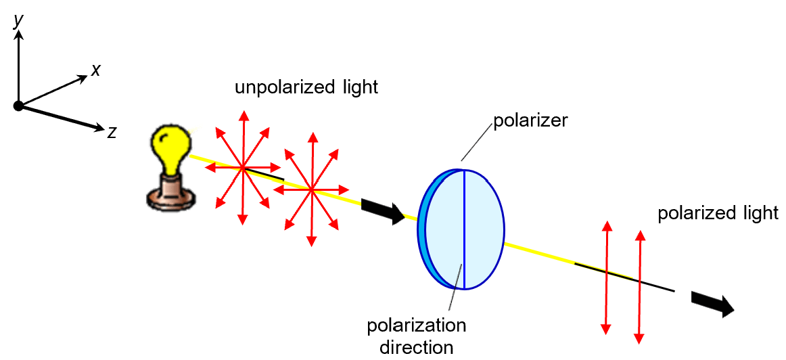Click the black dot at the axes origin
[x=18, y=106]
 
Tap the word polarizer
[x=530, y=121]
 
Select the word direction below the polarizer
[x=416, y=348]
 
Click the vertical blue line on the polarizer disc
[x=464, y=230]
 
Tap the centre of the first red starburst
[x=242, y=167]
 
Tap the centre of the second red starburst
[x=311, y=189]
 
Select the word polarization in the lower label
[x=416, y=325]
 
